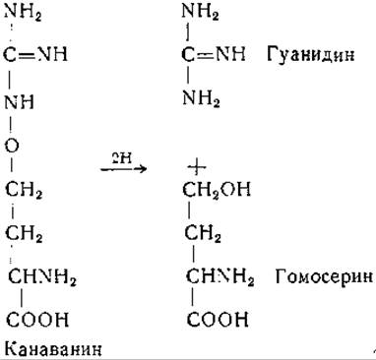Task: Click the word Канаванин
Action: click(53, 349)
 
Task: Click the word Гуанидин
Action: click(310, 54)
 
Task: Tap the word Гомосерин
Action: click(324, 276)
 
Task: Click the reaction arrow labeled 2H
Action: click(123, 169)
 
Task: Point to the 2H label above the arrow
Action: click(121, 158)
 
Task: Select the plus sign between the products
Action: click(196, 167)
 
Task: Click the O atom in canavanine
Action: click(12, 146)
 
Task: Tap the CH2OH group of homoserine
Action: click(217, 190)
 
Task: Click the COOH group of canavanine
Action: click(37, 320)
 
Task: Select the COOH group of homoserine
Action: click(218, 320)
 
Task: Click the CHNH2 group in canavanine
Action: click(42, 277)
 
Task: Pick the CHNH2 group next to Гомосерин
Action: click(219, 277)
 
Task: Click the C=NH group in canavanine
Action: click(35, 54)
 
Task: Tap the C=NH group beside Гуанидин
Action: click(214, 54)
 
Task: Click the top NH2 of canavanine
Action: click(23, 13)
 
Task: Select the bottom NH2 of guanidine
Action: click(201, 98)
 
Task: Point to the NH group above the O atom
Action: click(20, 101)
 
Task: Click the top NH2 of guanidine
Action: click(200, 13)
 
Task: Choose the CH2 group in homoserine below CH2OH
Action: click(203, 234)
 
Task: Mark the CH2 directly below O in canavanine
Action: click(24, 190)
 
